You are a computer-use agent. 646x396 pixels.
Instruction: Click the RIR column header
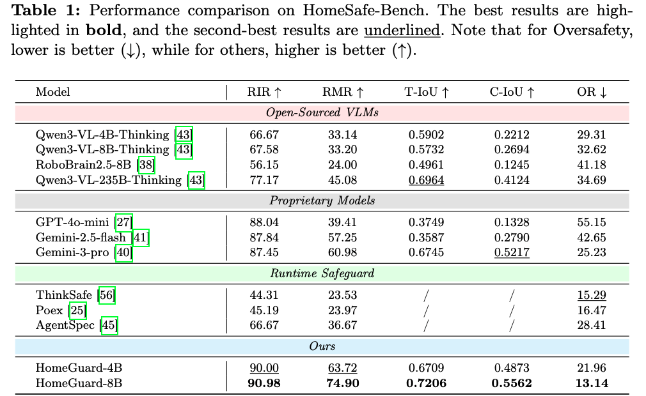click(x=263, y=92)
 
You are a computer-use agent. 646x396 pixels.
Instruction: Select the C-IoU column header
click(x=512, y=92)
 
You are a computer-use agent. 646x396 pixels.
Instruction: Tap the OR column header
click(x=592, y=92)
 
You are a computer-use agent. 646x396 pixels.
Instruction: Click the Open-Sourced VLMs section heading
click(x=322, y=113)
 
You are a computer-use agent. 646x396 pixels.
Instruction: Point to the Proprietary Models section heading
click(x=322, y=201)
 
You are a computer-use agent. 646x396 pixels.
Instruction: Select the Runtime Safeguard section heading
click(x=322, y=274)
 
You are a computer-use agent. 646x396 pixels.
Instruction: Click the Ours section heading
click(x=322, y=347)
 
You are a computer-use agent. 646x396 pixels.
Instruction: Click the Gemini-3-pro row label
click(x=74, y=252)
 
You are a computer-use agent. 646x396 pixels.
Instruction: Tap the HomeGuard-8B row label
click(x=79, y=383)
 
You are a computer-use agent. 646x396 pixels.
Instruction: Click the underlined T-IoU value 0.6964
click(x=426, y=180)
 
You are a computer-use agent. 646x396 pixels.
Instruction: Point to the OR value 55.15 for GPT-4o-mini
click(x=592, y=222)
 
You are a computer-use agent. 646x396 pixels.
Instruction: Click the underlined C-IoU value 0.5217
click(x=512, y=252)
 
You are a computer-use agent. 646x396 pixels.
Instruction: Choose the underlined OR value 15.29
click(x=592, y=296)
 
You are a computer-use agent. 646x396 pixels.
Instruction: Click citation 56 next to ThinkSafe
click(x=106, y=296)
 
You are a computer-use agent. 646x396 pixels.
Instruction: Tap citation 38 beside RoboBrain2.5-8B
click(x=145, y=165)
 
